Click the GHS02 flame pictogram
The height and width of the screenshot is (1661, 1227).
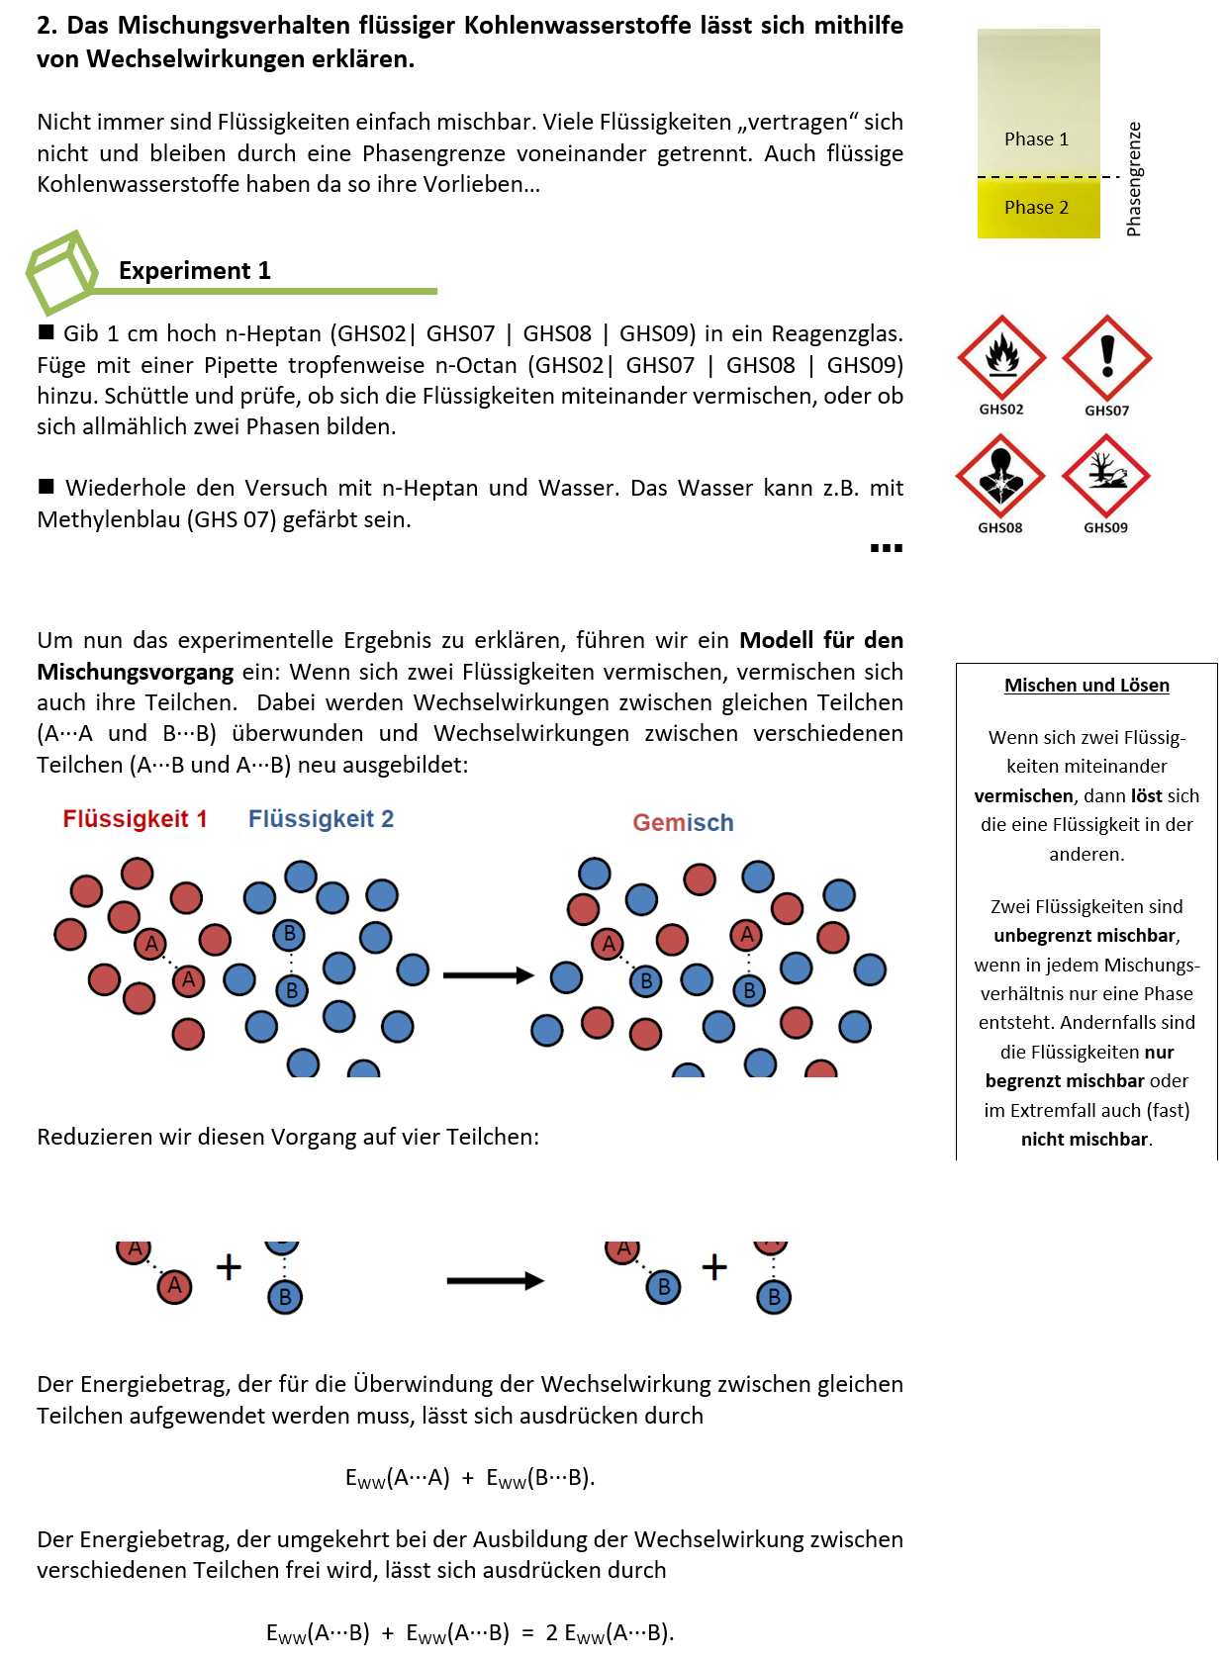tap(1001, 357)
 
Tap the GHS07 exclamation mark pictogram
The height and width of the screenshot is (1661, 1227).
tap(1106, 357)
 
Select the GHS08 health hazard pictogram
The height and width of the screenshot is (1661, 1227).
tap(1000, 476)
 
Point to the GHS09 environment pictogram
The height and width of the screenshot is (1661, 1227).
tap(1105, 476)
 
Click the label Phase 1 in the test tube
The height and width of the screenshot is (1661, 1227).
tap(1036, 139)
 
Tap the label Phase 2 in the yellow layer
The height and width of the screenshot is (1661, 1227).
tap(1036, 208)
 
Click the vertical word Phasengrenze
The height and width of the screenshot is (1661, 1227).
tap(1134, 179)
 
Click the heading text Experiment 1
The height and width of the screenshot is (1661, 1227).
tap(194, 271)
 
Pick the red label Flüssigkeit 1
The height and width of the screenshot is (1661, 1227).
tap(135, 819)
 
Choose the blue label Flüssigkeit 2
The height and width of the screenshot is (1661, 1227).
tap(321, 819)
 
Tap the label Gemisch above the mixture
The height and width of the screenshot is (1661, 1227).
tap(683, 823)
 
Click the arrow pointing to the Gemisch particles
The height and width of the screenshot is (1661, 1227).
tap(488, 975)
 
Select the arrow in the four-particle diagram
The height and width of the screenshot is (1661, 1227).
tap(495, 1281)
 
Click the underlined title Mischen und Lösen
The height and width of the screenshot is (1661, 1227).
tap(1086, 686)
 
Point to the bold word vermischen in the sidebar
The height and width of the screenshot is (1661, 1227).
tap(1023, 796)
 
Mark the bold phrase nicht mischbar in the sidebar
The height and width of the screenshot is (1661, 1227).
tap(1085, 1140)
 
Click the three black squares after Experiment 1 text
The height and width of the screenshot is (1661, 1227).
tap(886, 548)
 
